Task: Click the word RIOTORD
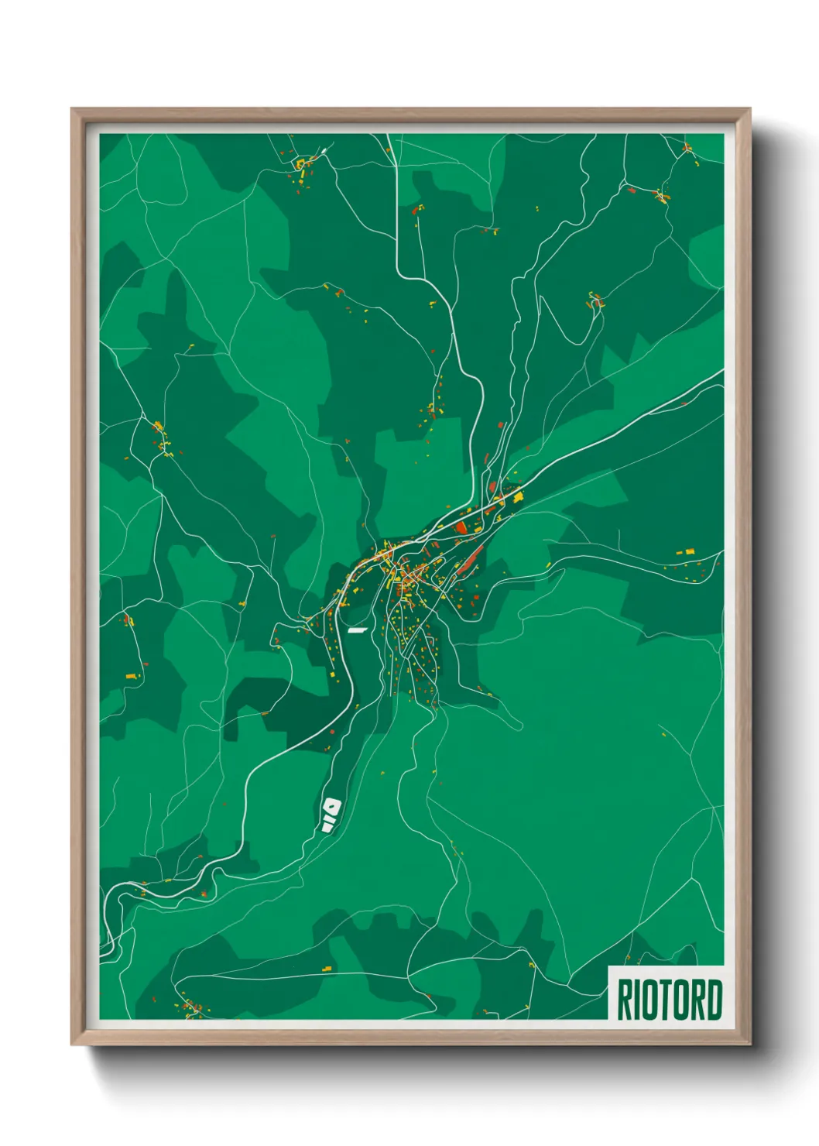coord(669,1000)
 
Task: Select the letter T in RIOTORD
coord(665,1000)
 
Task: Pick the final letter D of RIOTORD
coord(714,1000)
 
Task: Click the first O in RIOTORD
coord(650,1000)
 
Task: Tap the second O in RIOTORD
coord(680,1000)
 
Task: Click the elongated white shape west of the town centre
coord(356,630)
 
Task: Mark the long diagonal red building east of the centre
coord(470,560)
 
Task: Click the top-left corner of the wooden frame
coord(72,109)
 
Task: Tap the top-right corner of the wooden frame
coord(749,109)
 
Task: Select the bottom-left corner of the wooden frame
coord(72,1045)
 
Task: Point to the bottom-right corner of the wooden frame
coord(749,1045)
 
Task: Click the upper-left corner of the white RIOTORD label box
coord(609,966)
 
